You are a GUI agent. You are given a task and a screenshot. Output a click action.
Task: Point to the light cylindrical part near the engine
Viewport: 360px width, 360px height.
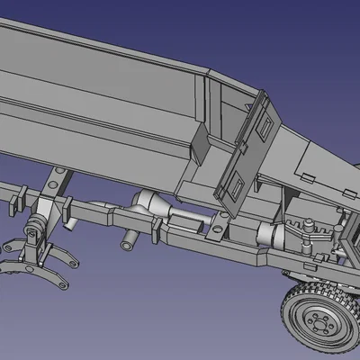click(270, 236)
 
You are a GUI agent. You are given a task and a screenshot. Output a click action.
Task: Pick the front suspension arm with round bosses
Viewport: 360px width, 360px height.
click(310, 236)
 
